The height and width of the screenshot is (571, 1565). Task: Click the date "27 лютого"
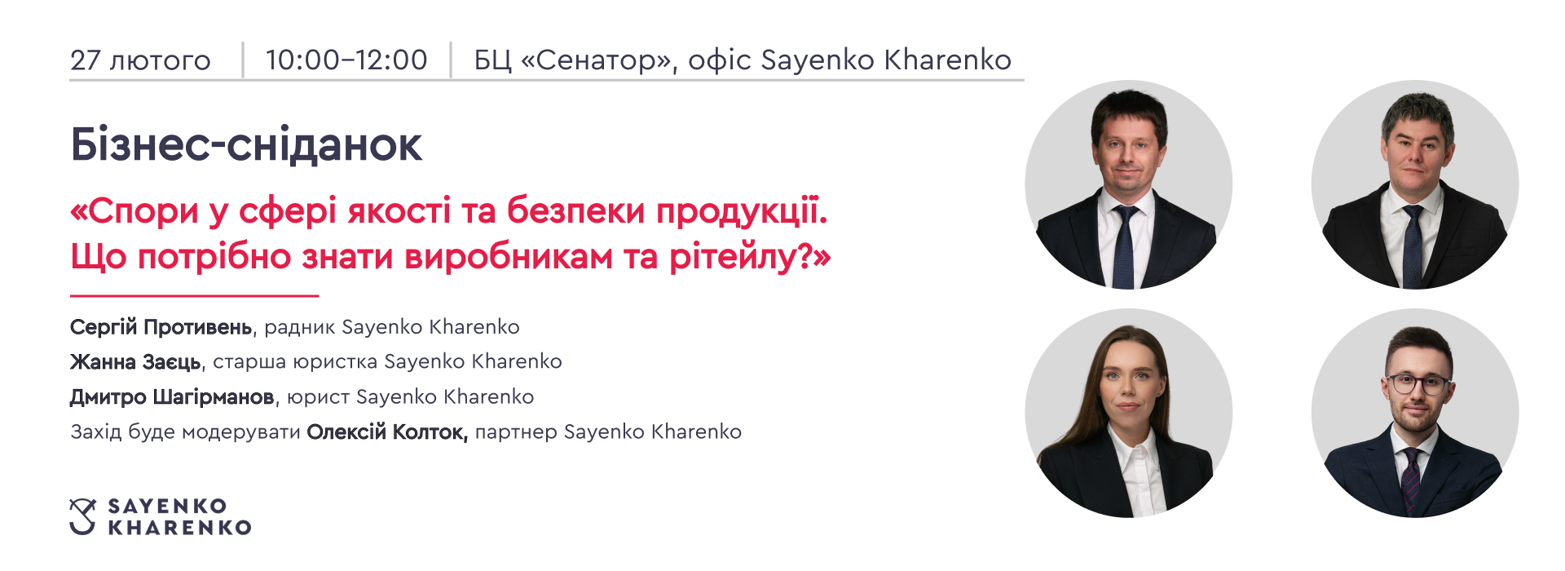[x=140, y=60]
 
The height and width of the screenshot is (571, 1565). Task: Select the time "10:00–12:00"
[x=346, y=60]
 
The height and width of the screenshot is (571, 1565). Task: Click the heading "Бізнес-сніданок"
[x=246, y=145]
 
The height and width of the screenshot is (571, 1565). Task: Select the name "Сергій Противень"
[x=161, y=327]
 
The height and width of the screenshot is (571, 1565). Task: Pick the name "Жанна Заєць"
[x=135, y=361]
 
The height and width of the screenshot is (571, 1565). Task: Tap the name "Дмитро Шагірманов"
[x=172, y=397]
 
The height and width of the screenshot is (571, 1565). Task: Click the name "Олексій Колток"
[x=387, y=432]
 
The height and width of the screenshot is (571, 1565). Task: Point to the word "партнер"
[x=516, y=432]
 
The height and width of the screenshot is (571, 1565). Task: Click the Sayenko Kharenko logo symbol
[x=82, y=516]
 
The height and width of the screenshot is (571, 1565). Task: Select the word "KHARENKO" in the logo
[x=179, y=528]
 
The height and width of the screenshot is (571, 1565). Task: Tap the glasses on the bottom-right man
[x=1417, y=383]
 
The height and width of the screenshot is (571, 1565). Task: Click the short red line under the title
[x=194, y=295]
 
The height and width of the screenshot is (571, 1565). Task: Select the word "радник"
[x=300, y=328]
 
